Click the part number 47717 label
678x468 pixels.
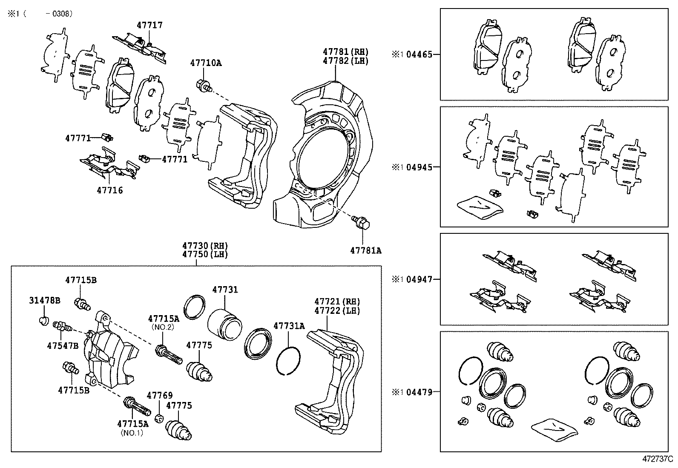coord(149,26)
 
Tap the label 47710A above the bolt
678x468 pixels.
coord(206,63)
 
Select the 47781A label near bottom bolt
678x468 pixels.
coord(365,251)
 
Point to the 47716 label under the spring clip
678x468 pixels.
coord(110,190)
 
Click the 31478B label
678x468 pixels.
coord(45,301)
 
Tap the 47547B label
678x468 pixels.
coord(63,345)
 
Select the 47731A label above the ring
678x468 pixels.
coord(289,326)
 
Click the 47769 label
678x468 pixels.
coord(160,396)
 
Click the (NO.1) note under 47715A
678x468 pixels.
coord(132,433)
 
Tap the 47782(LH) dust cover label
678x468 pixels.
coord(345,61)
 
